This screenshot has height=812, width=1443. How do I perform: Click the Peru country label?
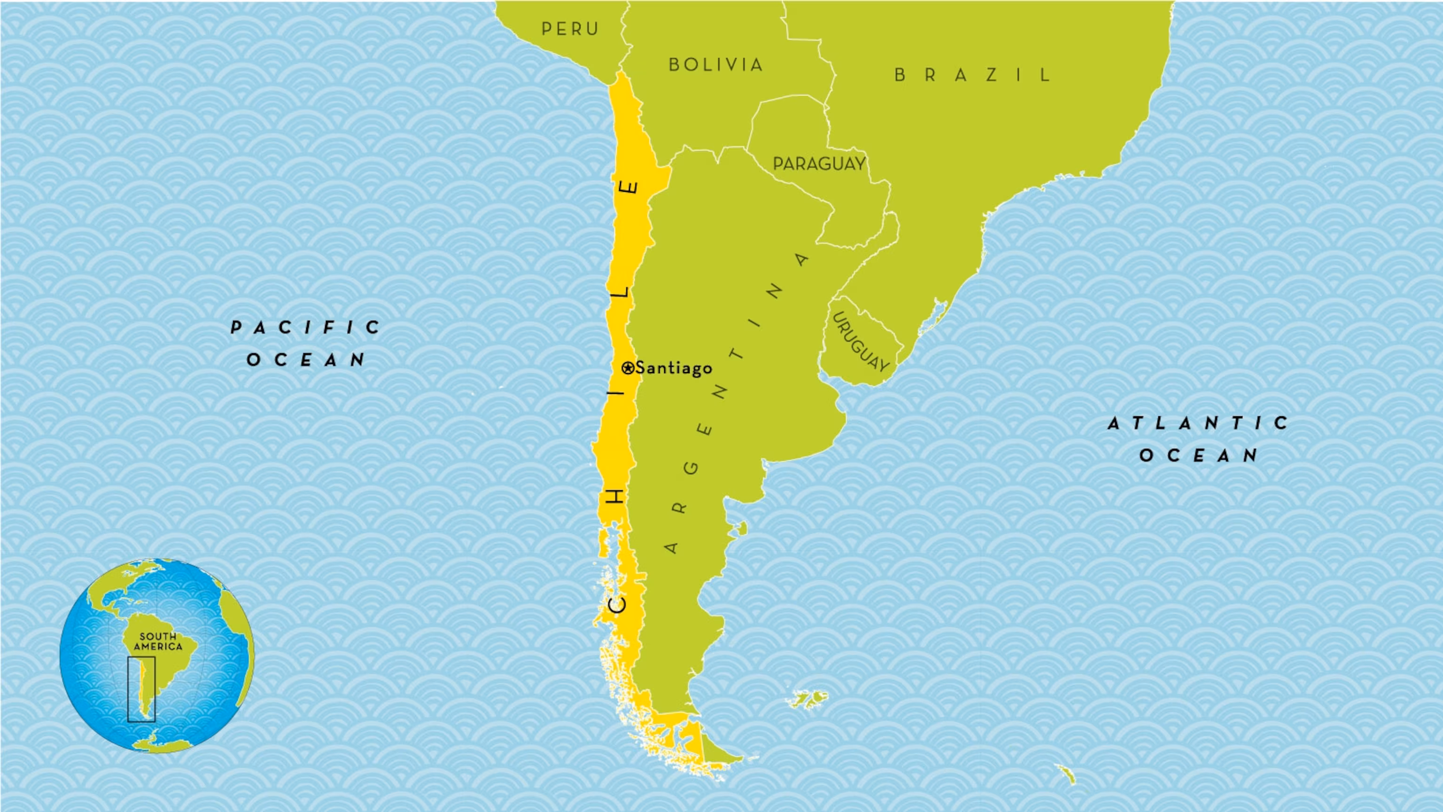pos(570,29)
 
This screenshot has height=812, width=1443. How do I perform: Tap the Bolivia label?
pos(715,64)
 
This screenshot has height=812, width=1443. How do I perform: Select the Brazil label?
pos(973,75)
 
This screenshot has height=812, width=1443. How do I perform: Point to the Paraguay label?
pos(819,164)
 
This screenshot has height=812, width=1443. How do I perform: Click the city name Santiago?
pos(674,368)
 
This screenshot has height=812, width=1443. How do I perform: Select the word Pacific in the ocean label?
pos(306,327)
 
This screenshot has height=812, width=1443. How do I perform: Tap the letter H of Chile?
pos(616,495)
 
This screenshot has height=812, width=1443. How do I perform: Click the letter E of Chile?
pos(631,187)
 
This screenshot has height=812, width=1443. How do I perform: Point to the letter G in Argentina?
pos(692,468)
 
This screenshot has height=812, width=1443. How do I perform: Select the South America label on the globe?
pos(158,641)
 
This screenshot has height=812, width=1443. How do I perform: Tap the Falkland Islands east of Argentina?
pos(807,699)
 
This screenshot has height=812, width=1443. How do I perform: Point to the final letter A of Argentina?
pos(802,259)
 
